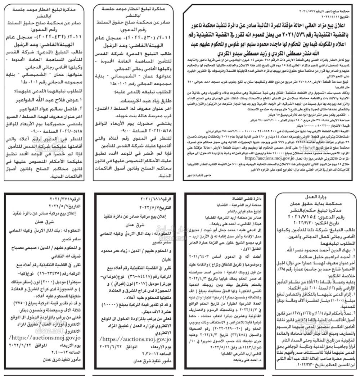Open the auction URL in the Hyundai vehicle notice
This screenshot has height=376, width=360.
coord(136,339)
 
